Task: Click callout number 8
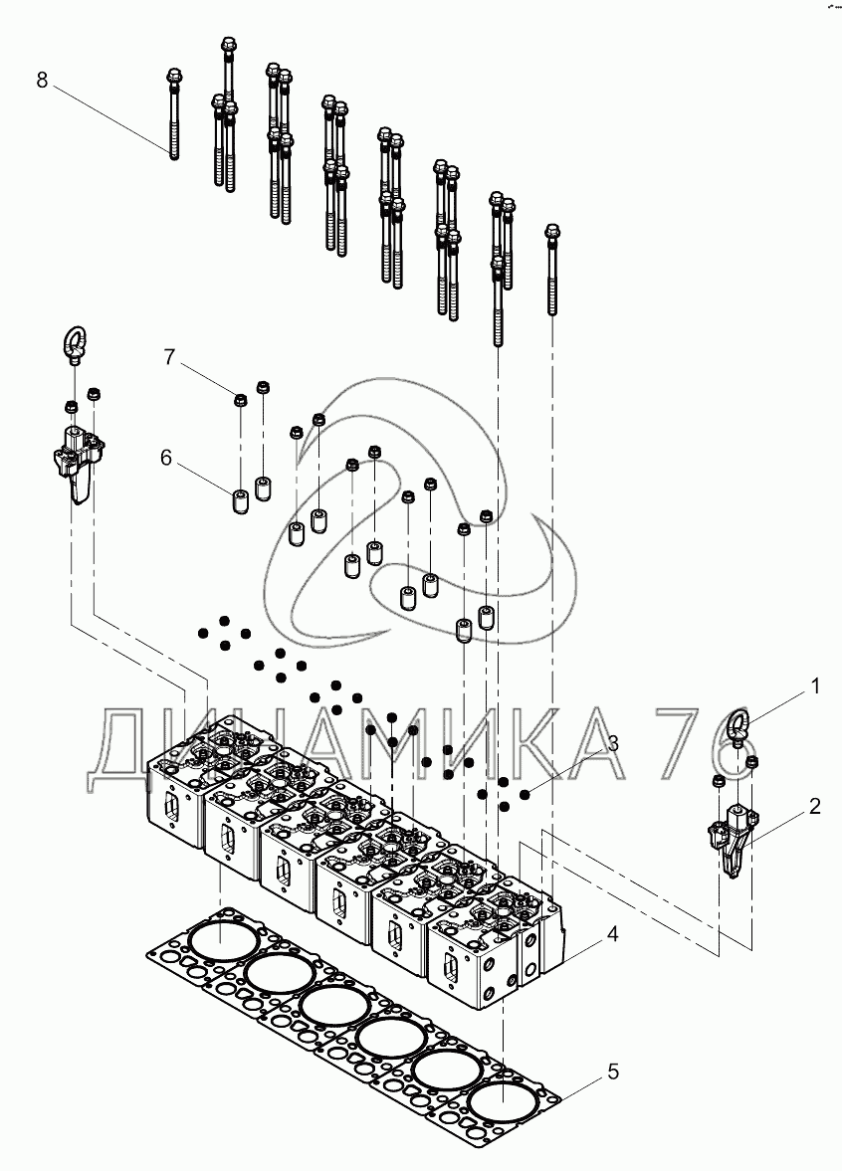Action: pyautogui.click(x=42, y=80)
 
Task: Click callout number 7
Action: pyautogui.click(x=169, y=356)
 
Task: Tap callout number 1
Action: pyautogui.click(x=814, y=686)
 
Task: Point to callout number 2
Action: pyautogui.click(x=814, y=807)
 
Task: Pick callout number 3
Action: pyautogui.click(x=614, y=743)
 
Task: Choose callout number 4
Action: pyautogui.click(x=613, y=934)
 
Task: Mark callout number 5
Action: pyautogui.click(x=613, y=1072)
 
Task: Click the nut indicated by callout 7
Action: pyautogui.click(x=241, y=400)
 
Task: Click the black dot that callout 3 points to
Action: pyautogui.click(x=526, y=793)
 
